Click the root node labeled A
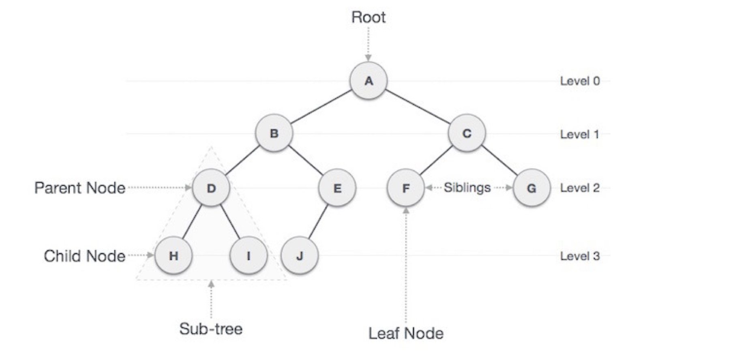(x=368, y=81)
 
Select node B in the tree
(x=274, y=133)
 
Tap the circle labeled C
(x=467, y=133)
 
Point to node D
(x=211, y=188)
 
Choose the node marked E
(x=337, y=188)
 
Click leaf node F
(x=406, y=188)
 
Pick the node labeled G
(x=531, y=188)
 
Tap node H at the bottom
(x=174, y=256)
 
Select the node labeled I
(x=249, y=256)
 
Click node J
(x=300, y=256)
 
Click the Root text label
(x=368, y=17)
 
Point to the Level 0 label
(x=580, y=81)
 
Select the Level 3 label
(x=580, y=256)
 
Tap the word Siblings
(x=467, y=188)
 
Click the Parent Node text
(x=80, y=188)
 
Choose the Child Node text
(x=84, y=256)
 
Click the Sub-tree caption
(x=211, y=329)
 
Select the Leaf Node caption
(x=406, y=334)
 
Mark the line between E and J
(x=318, y=222)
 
